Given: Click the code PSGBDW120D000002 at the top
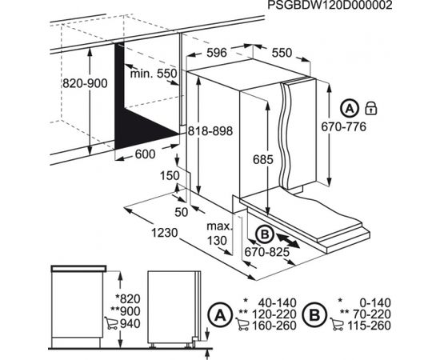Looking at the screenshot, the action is pos(330,5).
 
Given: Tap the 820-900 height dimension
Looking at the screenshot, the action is pos(85,83).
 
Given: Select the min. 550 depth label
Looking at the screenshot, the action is pos(154,74).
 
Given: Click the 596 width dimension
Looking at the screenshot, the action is pos(216,53).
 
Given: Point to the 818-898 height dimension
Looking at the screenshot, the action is pos(210,130).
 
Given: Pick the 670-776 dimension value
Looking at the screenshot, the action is pos(344,127).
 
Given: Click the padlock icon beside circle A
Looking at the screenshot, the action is pos(371,108).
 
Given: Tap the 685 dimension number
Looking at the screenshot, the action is pos(263,160).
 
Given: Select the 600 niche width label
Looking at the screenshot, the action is pos(145,154).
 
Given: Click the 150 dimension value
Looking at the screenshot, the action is pos(170,176).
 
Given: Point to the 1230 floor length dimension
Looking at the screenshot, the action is pos(165,233).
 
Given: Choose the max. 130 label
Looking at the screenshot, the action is pos(220,234).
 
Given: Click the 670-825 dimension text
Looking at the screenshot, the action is pos(267,252).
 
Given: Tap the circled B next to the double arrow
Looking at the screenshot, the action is pos(265,234).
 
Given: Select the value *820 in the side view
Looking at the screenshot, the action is pos(128,299).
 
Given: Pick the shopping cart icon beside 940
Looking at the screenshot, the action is pos(111,323).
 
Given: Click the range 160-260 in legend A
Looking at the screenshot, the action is pos(274,326).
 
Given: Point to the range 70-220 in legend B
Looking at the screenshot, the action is pos(371,314).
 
